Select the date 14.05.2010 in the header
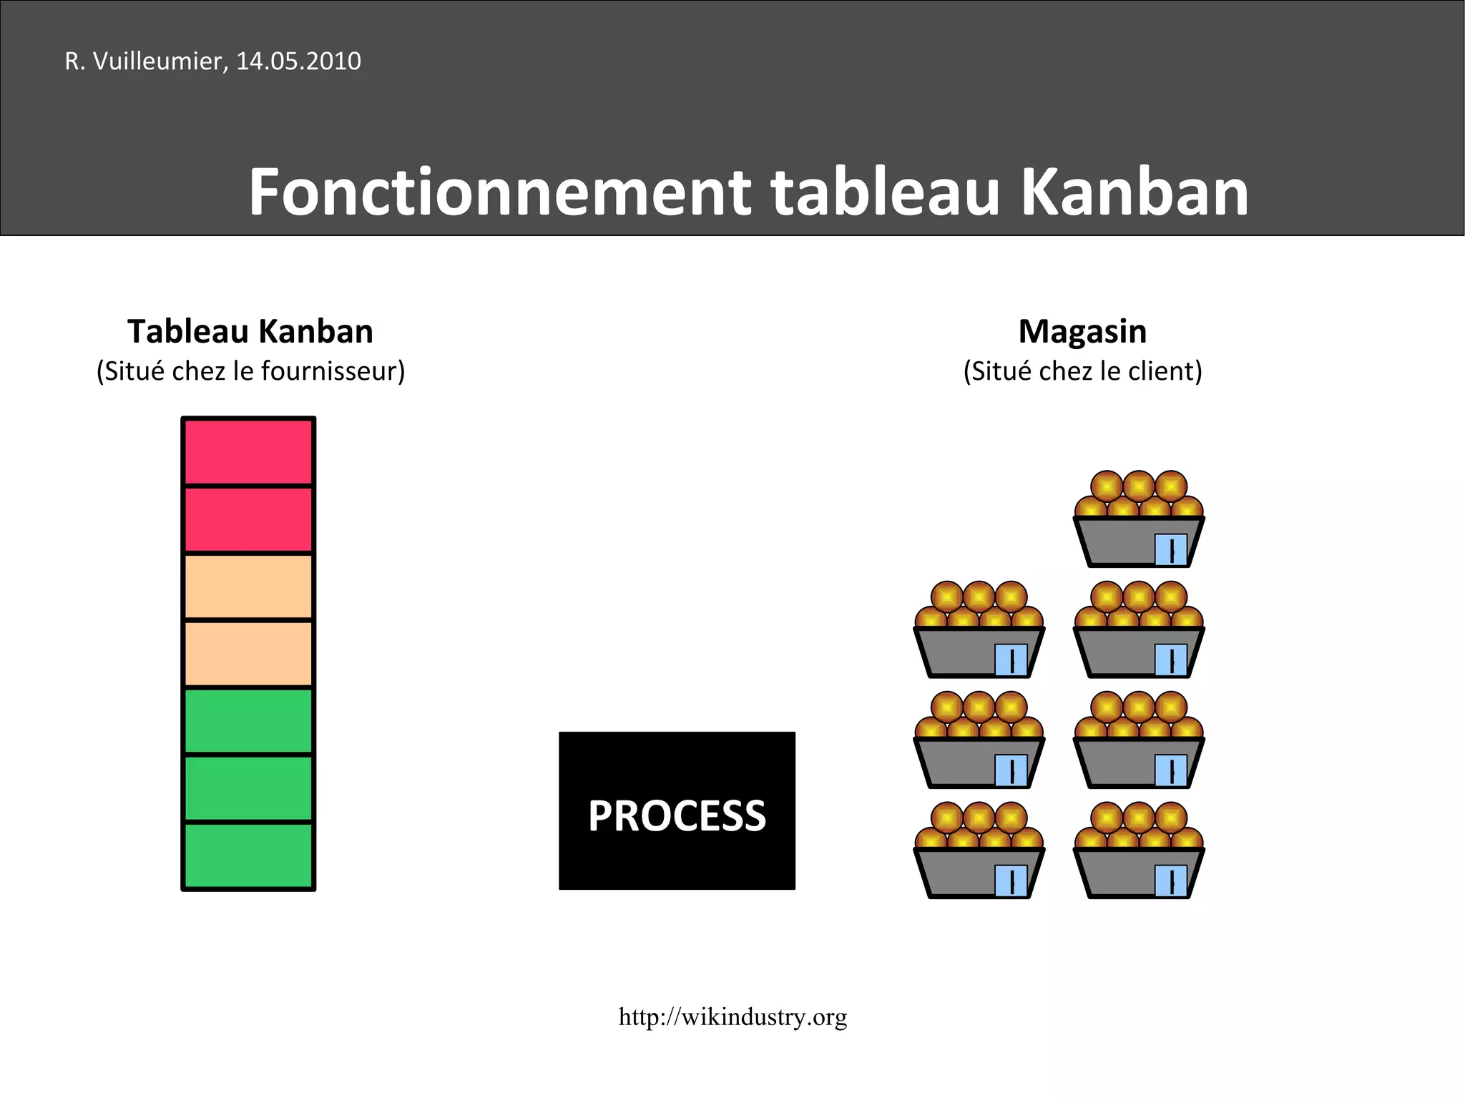[298, 61]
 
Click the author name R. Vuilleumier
[145, 61]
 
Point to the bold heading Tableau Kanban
[250, 331]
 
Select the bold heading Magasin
[1082, 331]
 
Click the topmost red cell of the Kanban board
[248, 452]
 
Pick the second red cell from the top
[248, 520]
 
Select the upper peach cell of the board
[248, 587]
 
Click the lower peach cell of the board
[248, 654]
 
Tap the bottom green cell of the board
[248, 856]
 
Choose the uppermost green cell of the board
[248, 721]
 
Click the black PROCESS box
[677, 810]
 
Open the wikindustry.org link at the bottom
[732, 1016]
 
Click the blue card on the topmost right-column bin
[1170, 550]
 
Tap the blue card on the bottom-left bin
[1011, 881]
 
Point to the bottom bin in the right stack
[1138, 871]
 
